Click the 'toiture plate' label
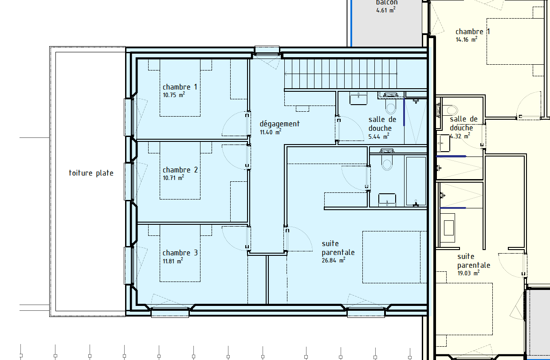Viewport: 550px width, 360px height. (91, 173)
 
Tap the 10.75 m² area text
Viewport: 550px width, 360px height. (174, 95)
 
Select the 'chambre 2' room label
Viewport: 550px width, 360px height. (180, 170)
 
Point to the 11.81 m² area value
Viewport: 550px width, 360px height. (173, 261)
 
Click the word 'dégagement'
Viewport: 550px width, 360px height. (280, 124)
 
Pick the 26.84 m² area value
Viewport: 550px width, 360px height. (334, 260)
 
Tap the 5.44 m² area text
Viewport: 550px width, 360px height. (379, 136)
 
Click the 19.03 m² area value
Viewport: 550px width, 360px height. (469, 273)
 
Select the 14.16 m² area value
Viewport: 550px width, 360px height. (467, 39)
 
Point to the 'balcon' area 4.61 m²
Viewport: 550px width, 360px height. (386, 10)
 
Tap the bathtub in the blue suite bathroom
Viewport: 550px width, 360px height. (416, 181)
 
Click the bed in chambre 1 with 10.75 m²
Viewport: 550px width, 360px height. (180, 88)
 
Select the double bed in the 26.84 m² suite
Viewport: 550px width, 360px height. (394, 257)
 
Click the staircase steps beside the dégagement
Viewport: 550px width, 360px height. (341, 74)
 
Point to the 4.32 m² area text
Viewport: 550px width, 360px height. (460, 136)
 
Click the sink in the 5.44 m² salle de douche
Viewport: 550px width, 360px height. (358, 98)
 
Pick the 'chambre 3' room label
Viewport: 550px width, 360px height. (180, 253)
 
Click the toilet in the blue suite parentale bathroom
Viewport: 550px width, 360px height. (387, 160)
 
